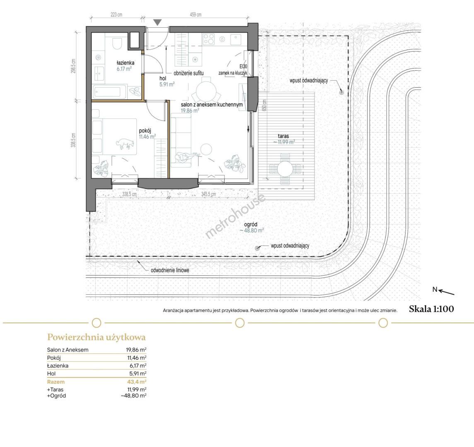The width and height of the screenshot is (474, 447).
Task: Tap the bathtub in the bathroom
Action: [x=109, y=91]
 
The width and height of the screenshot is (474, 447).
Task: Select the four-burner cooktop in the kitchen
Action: [x=208, y=39]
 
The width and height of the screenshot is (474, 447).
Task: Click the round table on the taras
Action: [x=285, y=169]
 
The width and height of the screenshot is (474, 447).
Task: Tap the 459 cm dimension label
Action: [x=196, y=14]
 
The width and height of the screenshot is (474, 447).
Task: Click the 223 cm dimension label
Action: [x=116, y=14]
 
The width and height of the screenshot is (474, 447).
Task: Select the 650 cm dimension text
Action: [x=264, y=105]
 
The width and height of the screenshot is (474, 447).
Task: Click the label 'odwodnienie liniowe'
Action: [x=170, y=270]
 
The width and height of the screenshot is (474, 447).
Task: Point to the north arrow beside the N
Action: [x=447, y=292]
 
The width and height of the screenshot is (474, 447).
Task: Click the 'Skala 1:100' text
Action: [x=431, y=309]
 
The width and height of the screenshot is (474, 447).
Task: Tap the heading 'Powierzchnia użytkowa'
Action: [x=97, y=337]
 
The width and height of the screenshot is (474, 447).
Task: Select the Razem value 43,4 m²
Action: [x=135, y=382]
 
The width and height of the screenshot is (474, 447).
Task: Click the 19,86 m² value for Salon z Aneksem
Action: [x=136, y=350]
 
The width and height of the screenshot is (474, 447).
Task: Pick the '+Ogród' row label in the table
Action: [x=56, y=396]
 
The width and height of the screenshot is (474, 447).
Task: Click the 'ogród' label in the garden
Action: [x=251, y=225]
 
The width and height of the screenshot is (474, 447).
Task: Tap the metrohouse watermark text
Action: [x=235, y=216]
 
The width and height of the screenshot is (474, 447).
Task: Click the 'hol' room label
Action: [x=163, y=79]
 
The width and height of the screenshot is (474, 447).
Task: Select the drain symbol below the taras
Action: [x=257, y=248]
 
